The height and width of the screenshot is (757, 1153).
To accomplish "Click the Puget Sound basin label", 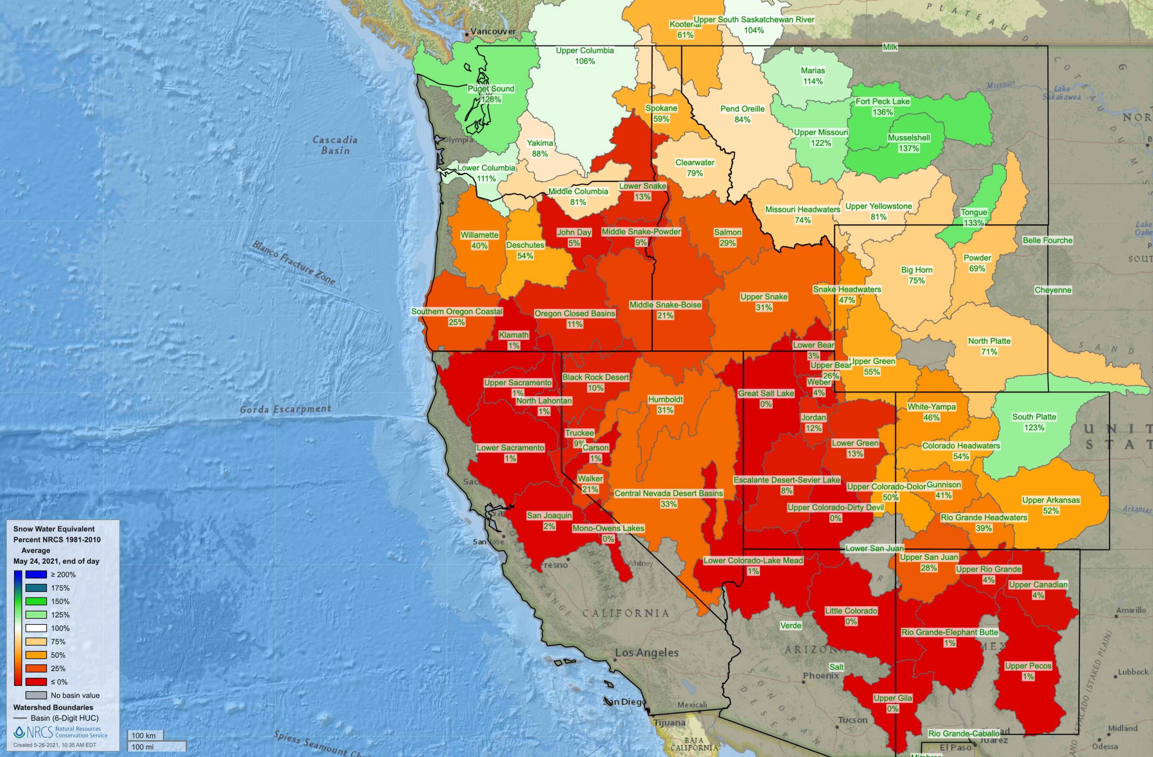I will click(491, 89).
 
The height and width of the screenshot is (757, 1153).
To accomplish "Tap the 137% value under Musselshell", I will click(908, 149).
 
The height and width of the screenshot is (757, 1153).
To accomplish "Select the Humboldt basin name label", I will click(665, 399).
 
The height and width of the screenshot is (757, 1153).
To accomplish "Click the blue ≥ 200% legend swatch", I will click(36, 574).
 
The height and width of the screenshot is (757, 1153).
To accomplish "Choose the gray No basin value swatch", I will click(36, 695).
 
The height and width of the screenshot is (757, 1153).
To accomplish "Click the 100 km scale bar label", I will click(144, 736).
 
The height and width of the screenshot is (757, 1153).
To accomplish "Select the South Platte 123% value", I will click(1034, 428).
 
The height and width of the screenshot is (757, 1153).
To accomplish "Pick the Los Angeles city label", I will click(646, 653).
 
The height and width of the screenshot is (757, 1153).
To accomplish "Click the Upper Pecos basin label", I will click(1028, 666).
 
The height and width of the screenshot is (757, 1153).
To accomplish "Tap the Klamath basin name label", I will click(513, 335).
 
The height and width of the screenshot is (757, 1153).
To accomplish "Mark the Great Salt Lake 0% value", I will click(765, 404).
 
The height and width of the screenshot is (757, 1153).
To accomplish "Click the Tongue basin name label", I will click(974, 212).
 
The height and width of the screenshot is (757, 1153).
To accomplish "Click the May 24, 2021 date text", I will click(56, 561).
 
